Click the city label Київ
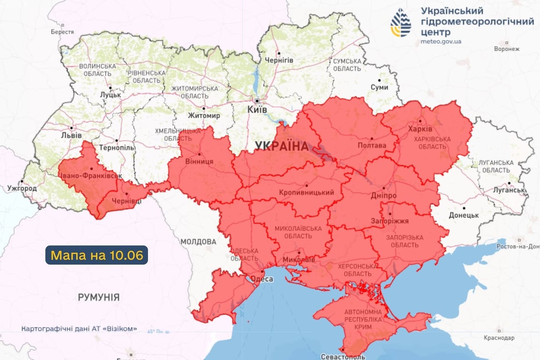tap(257, 109)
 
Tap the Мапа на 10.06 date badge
tap(97, 255)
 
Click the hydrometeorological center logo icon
tap(401, 22)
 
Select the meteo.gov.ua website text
tap(441, 41)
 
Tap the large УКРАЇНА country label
tap(282, 146)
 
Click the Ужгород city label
tap(22, 188)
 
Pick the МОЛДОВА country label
tap(199, 242)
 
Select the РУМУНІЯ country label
tap(98, 297)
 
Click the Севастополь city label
tap(343, 357)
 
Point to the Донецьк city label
tap(464, 215)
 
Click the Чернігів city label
tap(279, 60)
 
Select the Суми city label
tap(379, 87)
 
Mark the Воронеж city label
tap(507, 49)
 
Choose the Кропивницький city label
tap(306, 192)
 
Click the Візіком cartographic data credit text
tap(79, 329)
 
